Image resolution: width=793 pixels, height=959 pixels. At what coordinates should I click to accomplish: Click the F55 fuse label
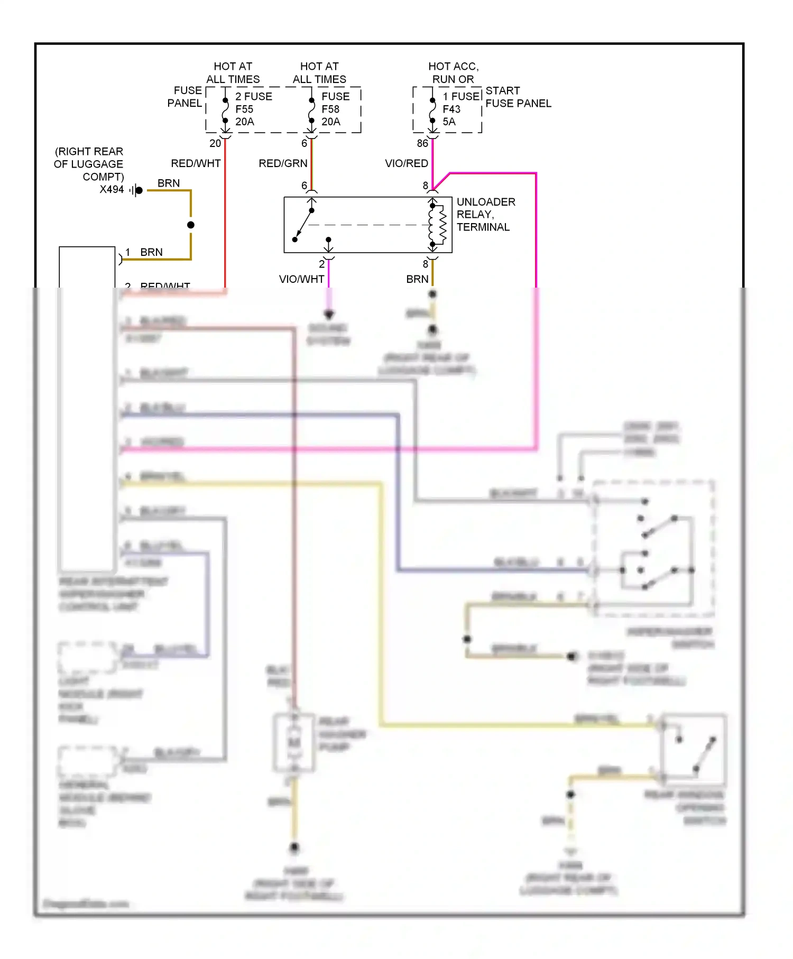click(244, 109)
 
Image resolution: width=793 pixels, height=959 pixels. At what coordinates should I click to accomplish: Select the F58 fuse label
click(330, 109)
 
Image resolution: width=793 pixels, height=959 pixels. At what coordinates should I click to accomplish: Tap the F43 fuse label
click(451, 109)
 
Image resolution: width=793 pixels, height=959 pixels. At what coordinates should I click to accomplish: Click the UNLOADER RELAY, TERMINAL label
click(485, 214)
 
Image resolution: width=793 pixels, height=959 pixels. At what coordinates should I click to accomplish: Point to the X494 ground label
click(112, 189)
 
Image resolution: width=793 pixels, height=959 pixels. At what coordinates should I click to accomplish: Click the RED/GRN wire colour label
click(283, 163)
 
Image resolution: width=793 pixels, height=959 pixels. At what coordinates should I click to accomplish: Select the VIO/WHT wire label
click(301, 279)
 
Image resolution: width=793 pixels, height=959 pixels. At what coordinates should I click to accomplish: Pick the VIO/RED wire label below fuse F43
click(406, 163)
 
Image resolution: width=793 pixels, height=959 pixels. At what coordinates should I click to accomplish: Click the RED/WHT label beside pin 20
click(196, 163)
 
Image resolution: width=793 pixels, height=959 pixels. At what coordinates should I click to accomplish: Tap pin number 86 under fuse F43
click(422, 143)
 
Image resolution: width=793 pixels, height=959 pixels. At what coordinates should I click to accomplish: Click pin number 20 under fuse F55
click(215, 143)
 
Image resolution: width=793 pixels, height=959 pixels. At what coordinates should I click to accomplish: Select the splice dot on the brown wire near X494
click(191, 225)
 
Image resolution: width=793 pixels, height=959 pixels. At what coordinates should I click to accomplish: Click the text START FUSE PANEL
click(518, 97)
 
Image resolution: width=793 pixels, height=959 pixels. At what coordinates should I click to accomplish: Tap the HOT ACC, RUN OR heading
click(453, 72)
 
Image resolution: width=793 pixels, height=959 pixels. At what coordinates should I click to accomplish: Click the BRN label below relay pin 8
click(417, 279)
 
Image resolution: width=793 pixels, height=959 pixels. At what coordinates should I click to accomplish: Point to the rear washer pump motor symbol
click(294, 742)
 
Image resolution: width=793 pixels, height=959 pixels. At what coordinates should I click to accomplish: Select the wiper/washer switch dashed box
click(653, 548)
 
